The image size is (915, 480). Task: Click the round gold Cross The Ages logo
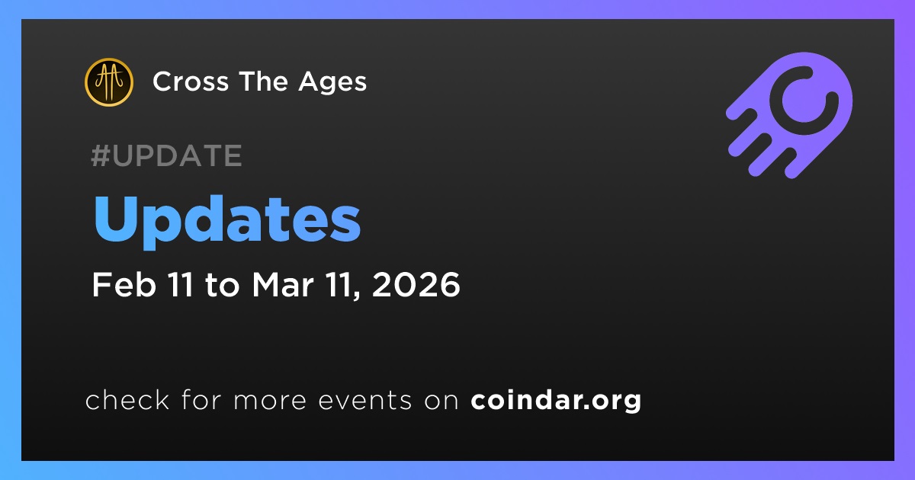(x=108, y=82)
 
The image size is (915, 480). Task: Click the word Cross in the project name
(x=191, y=82)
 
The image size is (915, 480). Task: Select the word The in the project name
(x=264, y=82)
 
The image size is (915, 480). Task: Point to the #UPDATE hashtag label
(x=166, y=155)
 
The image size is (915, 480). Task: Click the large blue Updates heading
(x=227, y=221)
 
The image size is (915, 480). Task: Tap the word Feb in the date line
(x=124, y=284)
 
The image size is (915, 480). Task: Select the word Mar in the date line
(x=283, y=284)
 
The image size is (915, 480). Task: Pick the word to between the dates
(x=222, y=285)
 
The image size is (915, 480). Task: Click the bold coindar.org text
(x=556, y=401)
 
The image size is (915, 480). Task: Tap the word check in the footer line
(x=127, y=399)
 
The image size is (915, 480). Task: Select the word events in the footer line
(x=365, y=401)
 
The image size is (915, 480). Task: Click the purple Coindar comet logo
(x=789, y=115)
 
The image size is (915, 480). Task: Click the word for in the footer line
(x=201, y=399)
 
